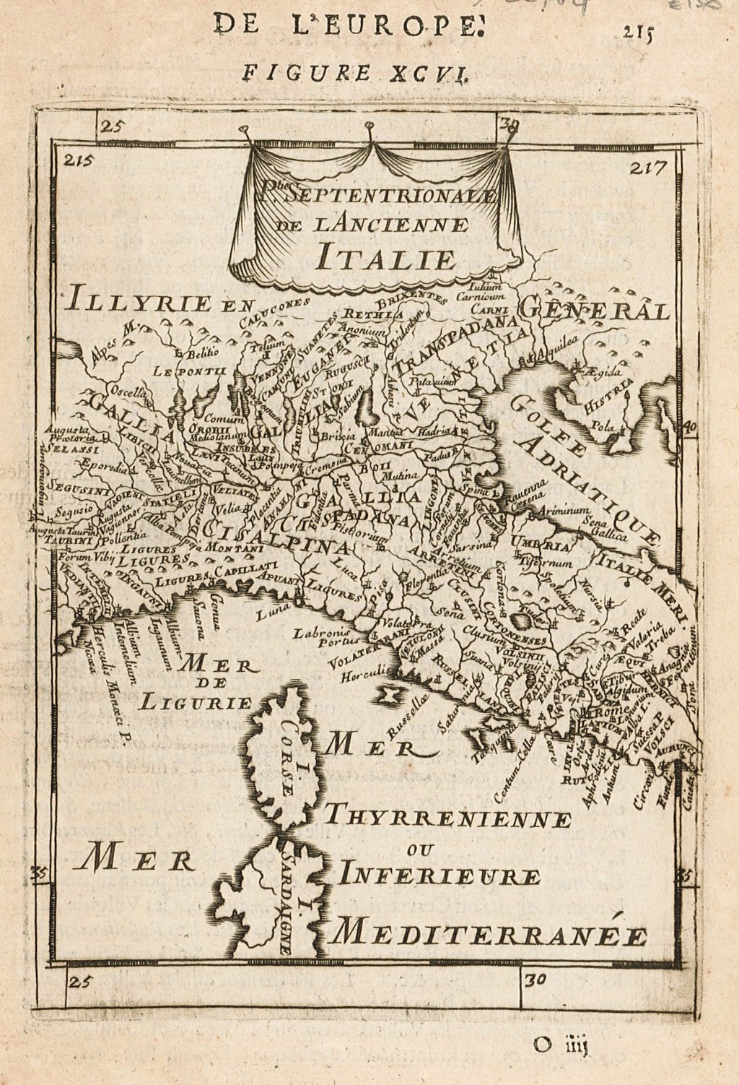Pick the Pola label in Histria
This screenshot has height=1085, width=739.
[x=601, y=426]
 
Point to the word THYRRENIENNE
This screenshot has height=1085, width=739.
[x=447, y=820]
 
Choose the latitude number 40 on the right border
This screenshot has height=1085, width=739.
[x=688, y=427]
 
